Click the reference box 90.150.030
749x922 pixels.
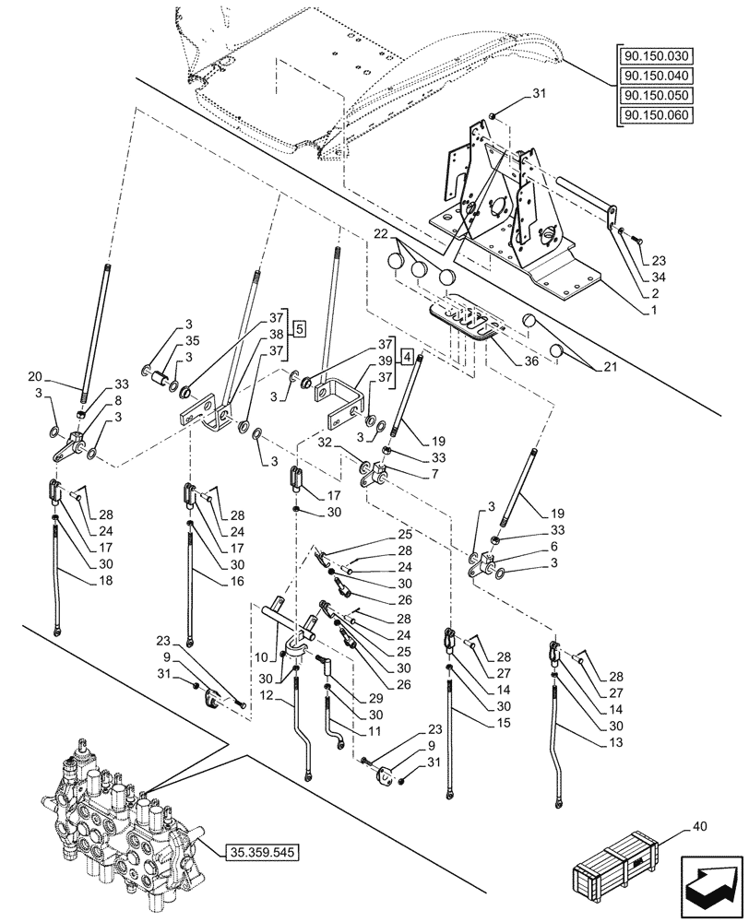click(660, 56)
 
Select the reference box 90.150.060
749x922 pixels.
click(660, 115)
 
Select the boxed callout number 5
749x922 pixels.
click(300, 327)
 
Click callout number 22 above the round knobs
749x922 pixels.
click(380, 236)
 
